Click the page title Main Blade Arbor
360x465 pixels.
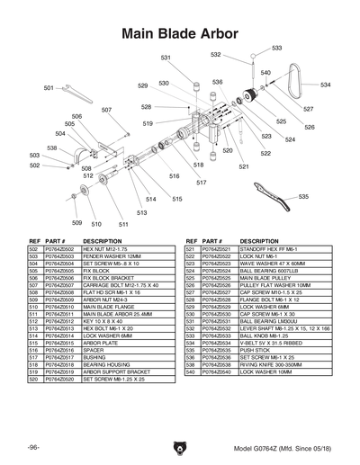[x=180, y=33]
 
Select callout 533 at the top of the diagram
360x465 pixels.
[x=276, y=48]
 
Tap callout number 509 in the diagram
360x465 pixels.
[x=76, y=223]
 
